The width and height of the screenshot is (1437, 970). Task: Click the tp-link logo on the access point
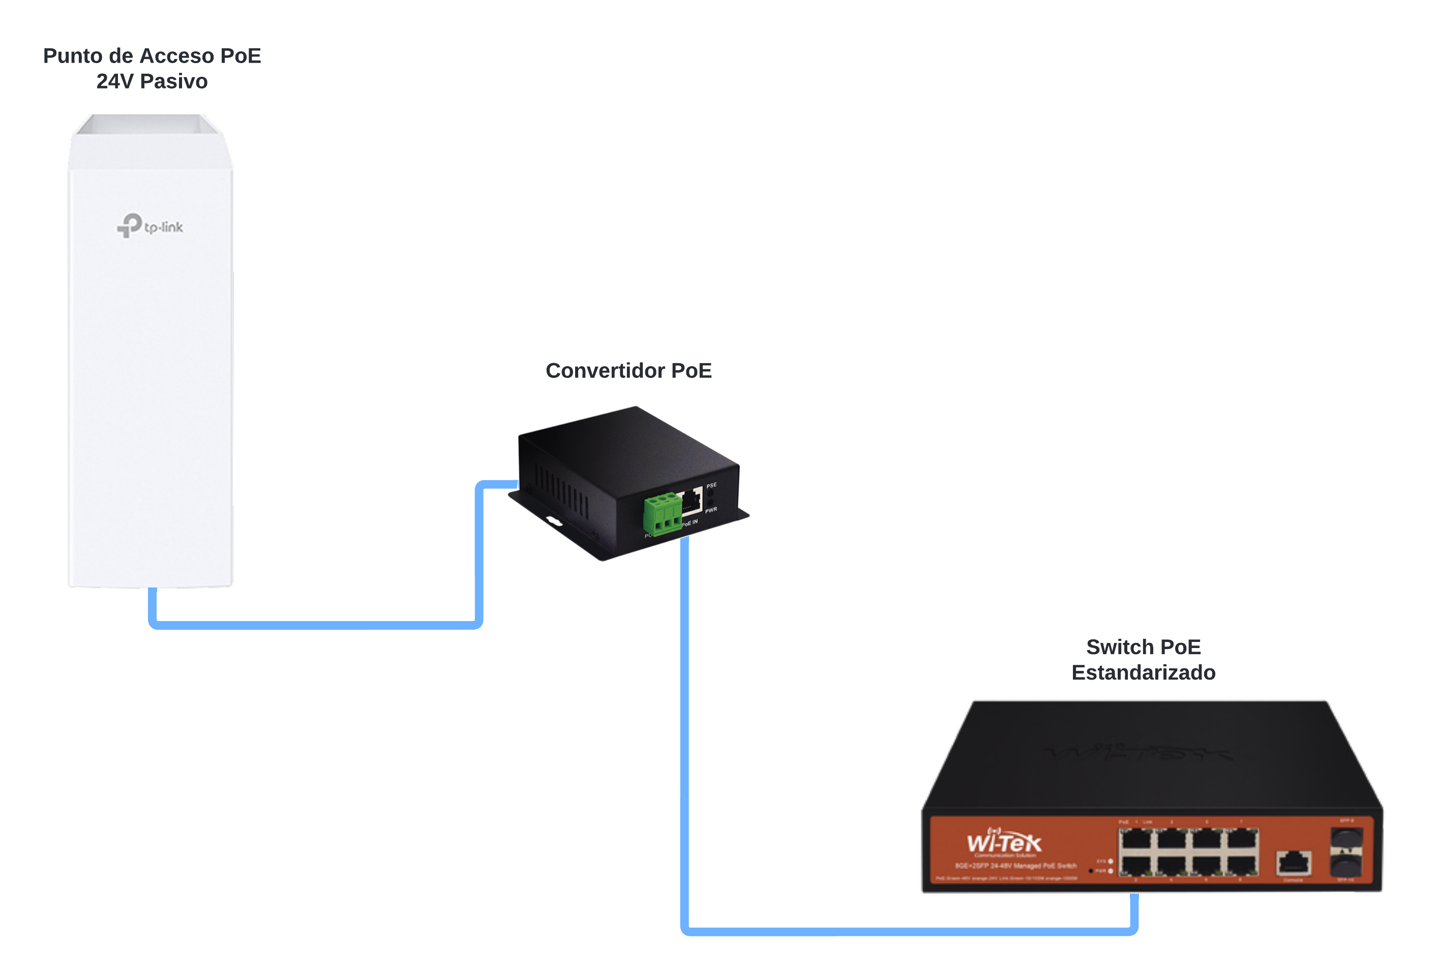[150, 226]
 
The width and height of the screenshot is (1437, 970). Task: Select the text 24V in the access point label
[113, 81]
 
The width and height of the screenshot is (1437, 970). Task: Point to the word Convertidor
[605, 371]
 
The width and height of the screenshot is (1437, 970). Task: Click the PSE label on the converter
[712, 486]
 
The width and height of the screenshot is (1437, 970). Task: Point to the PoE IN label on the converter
[691, 523]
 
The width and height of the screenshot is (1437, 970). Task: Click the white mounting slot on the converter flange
[554, 521]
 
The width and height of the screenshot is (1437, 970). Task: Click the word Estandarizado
[1143, 672]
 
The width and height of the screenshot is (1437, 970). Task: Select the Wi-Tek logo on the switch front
[1004, 842]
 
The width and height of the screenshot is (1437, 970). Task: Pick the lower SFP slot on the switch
[1346, 864]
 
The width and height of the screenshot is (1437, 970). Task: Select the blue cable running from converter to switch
[684, 742]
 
